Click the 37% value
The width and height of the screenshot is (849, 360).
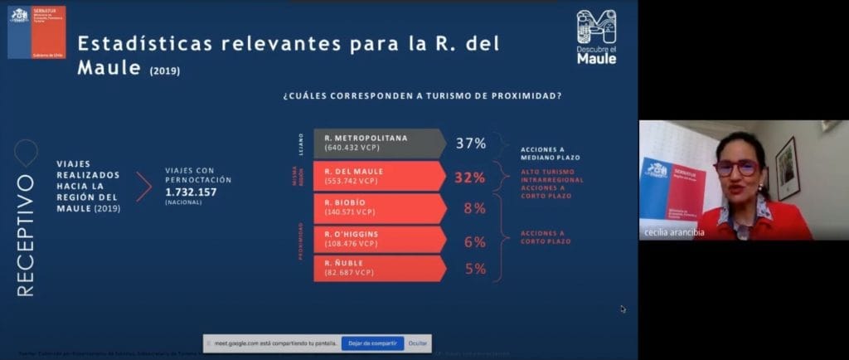click(x=470, y=143)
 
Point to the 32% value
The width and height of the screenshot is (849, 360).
click(x=470, y=177)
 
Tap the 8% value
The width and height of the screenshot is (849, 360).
click(x=473, y=208)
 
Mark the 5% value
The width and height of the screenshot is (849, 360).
click(x=473, y=269)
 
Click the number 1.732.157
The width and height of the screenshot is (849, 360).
click(x=190, y=192)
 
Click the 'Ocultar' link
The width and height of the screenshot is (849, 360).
click(x=418, y=343)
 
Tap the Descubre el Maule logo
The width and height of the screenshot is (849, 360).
click(x=596, y=37)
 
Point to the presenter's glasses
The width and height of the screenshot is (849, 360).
click(x=736, y=167)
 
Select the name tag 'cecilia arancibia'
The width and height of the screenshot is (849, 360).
click(x=673, y=232)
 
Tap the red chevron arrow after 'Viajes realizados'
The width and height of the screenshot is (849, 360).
click(x=143, y=187)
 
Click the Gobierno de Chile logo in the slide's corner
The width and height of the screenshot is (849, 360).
click(x=36, y=31)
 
